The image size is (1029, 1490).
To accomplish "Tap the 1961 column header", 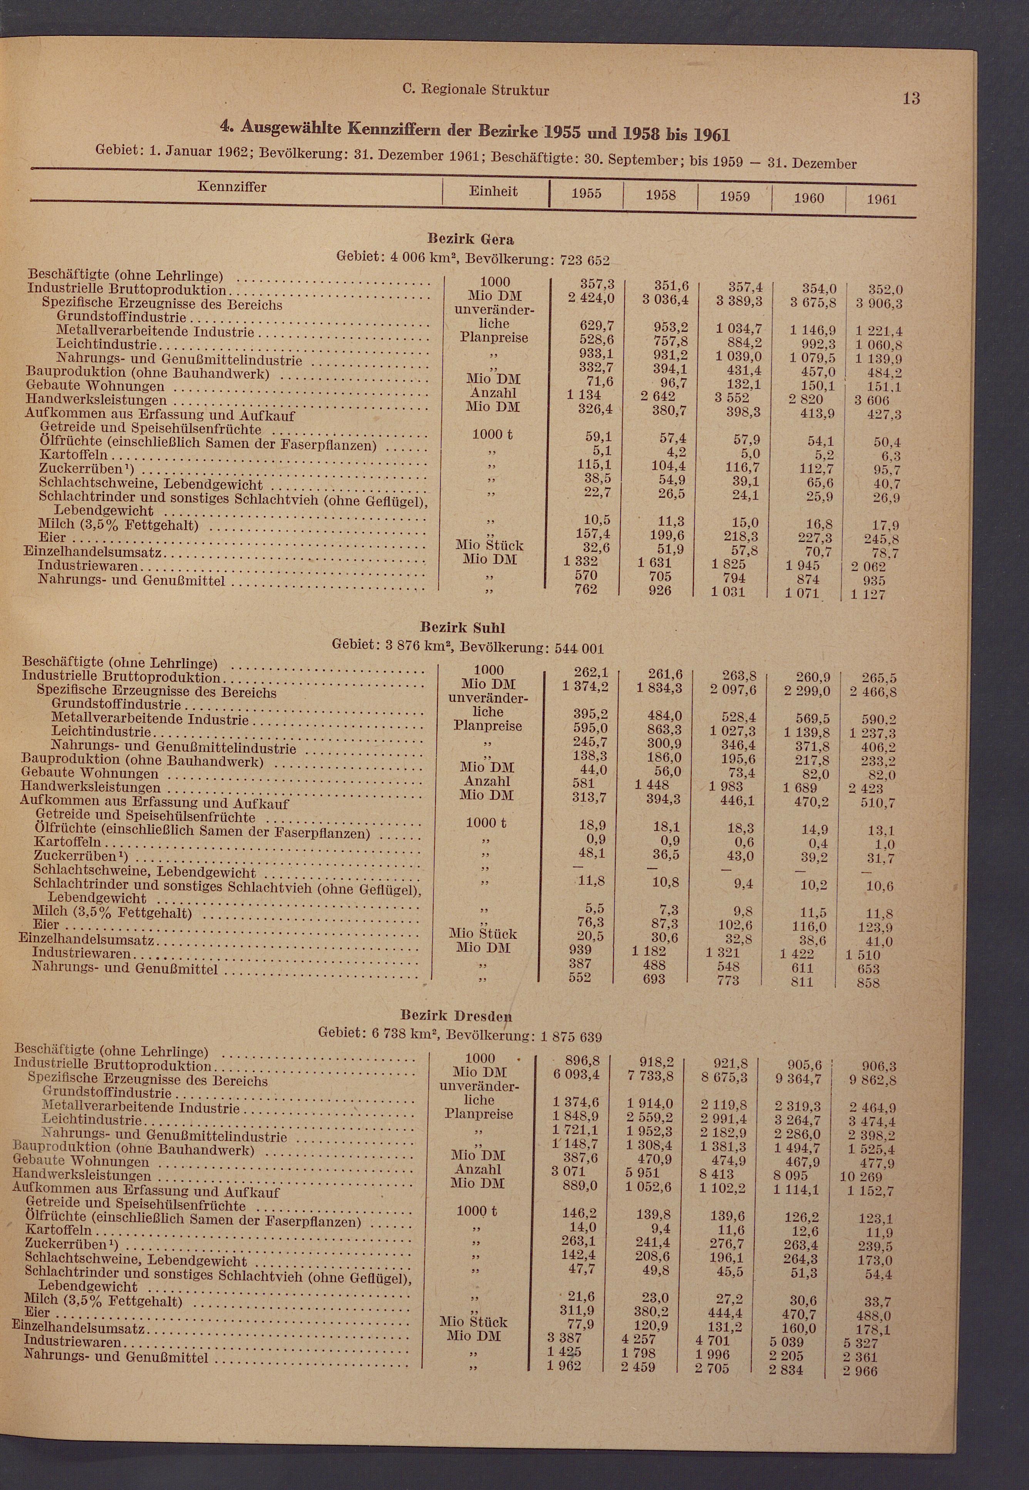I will [x=882, y=199].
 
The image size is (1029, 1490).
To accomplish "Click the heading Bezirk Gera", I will [x=471, y=239].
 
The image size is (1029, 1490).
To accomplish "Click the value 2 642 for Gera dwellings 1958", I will [x=658, y=396].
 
